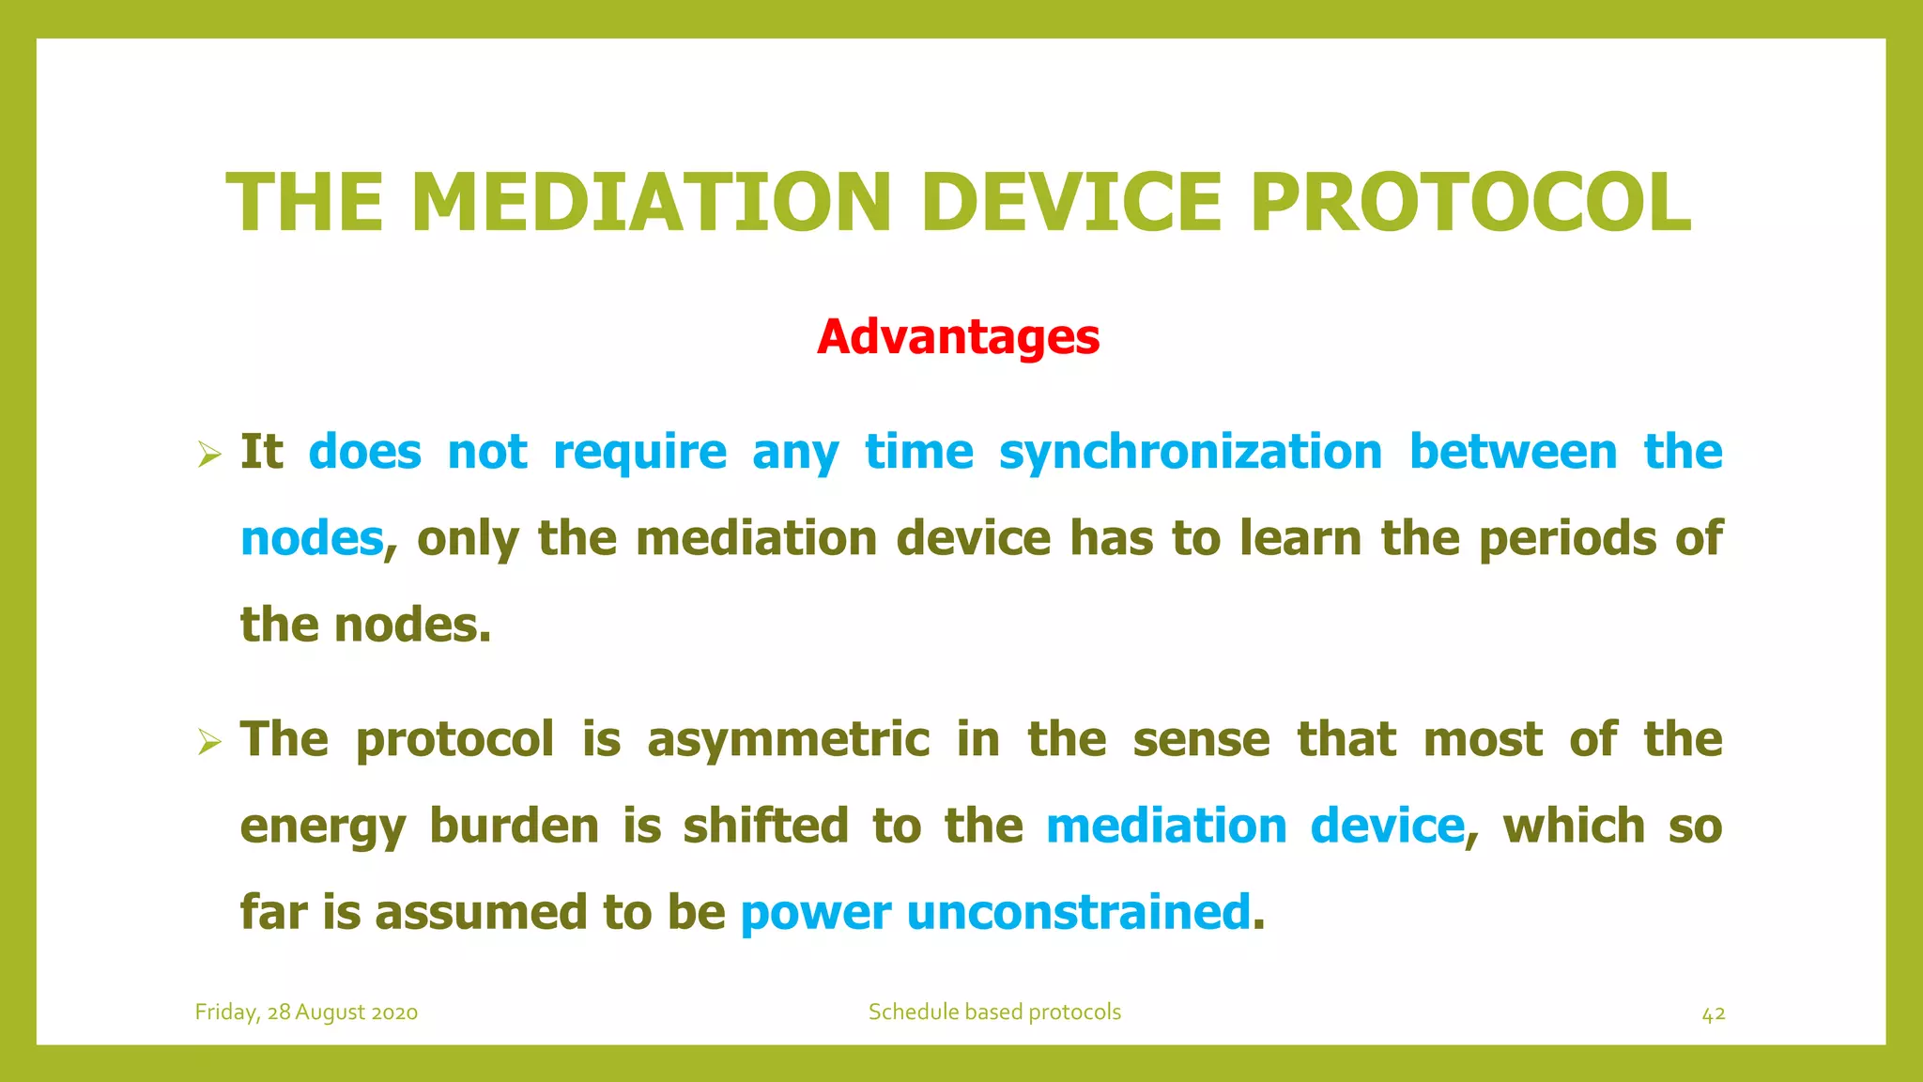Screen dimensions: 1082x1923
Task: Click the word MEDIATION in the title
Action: pos(651,203)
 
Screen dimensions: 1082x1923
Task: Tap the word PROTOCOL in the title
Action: pos(1470,203)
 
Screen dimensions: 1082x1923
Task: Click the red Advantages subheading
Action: pos(958,337)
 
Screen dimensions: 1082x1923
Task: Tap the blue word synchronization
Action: pos(1190,452)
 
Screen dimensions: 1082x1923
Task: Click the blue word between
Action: pos(1513,452)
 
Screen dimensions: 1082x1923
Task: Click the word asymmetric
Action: pos(788,740)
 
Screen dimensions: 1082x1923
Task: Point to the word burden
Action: pos(514,826)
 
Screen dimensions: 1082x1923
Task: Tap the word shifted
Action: pos(765,826)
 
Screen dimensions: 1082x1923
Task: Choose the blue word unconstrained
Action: pos(1078,912)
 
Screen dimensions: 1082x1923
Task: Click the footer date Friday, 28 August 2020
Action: pos(306,1012)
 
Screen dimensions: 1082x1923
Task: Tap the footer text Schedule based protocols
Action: pos(994,1012)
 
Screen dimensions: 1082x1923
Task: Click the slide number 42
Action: pos(1713,1014)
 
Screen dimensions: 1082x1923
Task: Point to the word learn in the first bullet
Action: pos(1300,539)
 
